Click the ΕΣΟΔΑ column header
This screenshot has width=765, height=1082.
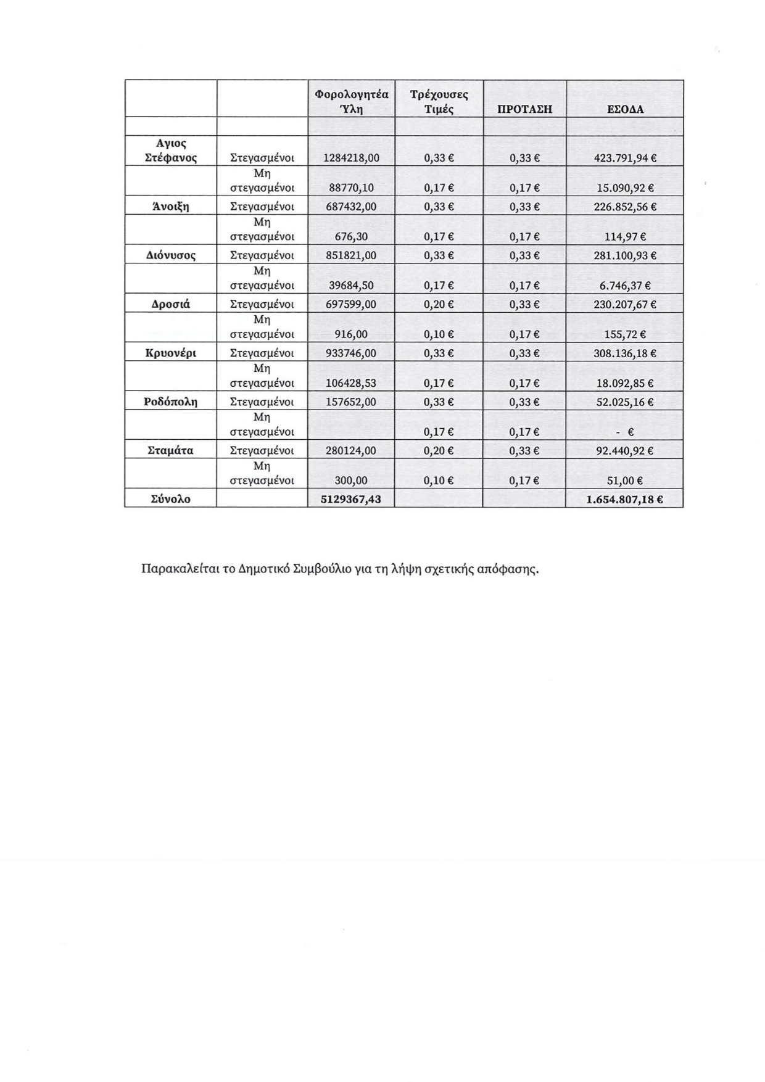click(x=625, y=110)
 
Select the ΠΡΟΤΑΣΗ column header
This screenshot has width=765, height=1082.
click(x=524, y=110)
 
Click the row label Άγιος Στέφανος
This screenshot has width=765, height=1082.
click(x=170, y=151)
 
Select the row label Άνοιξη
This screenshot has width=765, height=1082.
click(x=170, y=207)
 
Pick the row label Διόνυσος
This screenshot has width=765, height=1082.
click(x=170, y=255)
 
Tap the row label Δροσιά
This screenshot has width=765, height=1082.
click(x=170, y=304)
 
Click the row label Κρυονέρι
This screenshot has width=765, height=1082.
click(x=170, y=353)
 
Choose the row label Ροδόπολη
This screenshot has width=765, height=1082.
click(x=170, y=402)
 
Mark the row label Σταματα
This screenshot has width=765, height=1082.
click(x=170, y=451)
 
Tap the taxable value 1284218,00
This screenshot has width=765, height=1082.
click(x=350, y=158)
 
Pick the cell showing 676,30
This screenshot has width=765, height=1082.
click(x=350, y=236)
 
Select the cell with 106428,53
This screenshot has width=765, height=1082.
click(x=350, y=383)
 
